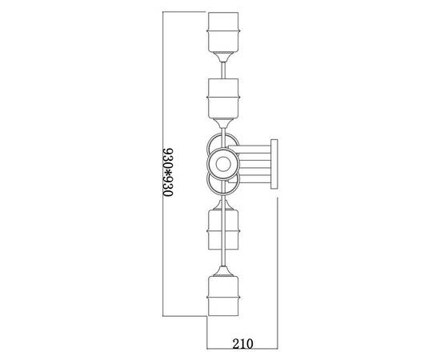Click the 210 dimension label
coord(242,343)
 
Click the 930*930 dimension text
coord(168,172)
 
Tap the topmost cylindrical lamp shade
coord(223,32)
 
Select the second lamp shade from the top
coord(223,98)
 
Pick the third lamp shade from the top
coord(223,230)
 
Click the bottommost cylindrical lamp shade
coord(223,296)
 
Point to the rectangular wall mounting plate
coord(274,164)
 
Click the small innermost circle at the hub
coord(223,164)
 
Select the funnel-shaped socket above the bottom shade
coord(223,270)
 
